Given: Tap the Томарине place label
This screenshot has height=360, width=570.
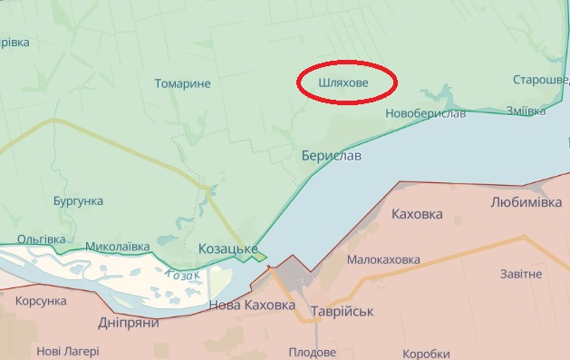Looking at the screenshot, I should [182, 84].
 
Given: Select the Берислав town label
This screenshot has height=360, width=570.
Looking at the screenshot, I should [331, 156].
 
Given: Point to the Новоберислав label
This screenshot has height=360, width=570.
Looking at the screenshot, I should [425, 113].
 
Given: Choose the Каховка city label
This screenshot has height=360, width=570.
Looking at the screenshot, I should [417, 215].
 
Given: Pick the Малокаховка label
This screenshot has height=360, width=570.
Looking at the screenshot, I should [384, 259].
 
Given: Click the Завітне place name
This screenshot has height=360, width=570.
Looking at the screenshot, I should [521, 274].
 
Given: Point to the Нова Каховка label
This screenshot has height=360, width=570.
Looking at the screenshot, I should [252, 306].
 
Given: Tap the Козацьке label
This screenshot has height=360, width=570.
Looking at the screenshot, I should [227, 248].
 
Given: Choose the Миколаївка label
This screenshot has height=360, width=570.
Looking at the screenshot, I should [117, 246].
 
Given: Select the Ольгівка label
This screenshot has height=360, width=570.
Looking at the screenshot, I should [42, 239].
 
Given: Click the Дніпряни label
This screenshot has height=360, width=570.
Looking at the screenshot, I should [128, 322].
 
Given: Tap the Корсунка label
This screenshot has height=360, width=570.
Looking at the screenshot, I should [42, 300].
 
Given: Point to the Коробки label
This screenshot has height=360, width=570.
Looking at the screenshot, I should [426, 354].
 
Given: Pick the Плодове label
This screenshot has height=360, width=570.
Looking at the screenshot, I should [312, 352].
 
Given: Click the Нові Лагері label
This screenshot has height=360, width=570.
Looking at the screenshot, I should [68, 351].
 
